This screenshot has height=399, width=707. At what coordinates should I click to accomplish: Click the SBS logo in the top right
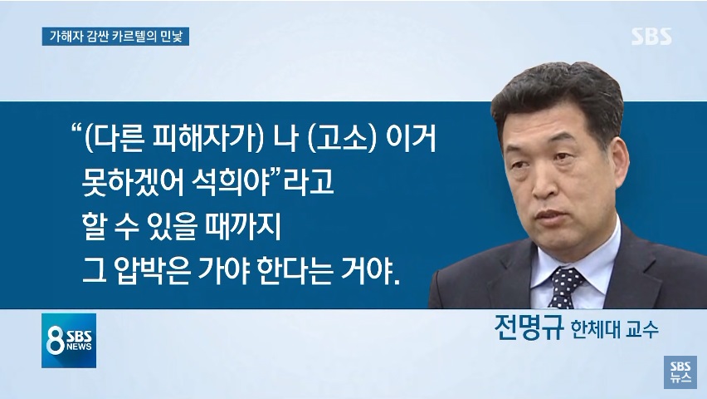click(651, 36)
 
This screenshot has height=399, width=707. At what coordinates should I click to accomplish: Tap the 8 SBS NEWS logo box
click(69, 340)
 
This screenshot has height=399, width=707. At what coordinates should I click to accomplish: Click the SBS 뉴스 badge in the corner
click(680, 372)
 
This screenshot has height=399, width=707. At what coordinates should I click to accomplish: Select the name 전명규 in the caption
click(529, 328)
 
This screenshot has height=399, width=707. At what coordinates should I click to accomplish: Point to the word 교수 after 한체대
click(642, 329)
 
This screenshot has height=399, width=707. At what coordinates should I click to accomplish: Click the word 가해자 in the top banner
click(63, 37)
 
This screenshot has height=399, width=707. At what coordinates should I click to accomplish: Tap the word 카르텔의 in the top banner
click(136, 37)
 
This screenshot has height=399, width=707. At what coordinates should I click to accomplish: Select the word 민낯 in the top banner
click(171, 37)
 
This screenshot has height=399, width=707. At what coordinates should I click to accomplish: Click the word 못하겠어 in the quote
click(133, 181)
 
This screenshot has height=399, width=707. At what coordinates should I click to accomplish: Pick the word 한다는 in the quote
click(295, 270)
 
